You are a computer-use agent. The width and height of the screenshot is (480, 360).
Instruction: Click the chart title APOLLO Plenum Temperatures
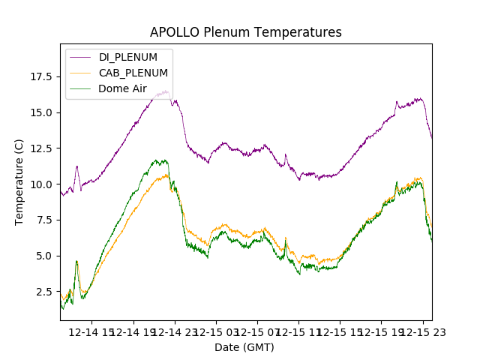point(245,32)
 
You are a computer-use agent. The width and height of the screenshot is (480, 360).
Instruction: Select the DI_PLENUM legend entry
point(127,57)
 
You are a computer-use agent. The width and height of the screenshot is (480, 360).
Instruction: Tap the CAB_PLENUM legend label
point(133,73)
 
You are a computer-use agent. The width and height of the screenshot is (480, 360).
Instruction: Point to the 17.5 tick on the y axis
point(41,76)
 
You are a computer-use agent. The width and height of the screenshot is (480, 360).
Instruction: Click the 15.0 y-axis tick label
point(41,112)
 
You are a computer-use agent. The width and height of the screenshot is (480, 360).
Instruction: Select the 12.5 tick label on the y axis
point(41,148)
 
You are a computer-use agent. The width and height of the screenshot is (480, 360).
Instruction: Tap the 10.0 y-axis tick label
point(41,184)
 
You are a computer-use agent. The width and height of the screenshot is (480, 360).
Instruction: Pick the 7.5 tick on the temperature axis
point(44,220)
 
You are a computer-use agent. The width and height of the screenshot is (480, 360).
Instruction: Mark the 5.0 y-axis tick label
point(44,256)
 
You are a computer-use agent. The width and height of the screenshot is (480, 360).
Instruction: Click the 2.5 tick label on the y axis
point(44,291)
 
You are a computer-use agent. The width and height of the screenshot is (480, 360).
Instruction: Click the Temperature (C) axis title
point(19,182)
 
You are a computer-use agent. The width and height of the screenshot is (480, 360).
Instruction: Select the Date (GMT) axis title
point(244,347)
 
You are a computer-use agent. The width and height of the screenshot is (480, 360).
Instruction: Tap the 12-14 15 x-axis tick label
point(91,331)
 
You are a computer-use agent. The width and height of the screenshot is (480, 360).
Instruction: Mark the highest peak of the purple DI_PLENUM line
point(165,91)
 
